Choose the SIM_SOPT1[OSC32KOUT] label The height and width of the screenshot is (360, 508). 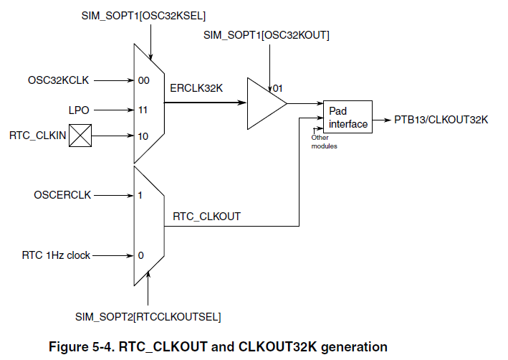pos(267,34)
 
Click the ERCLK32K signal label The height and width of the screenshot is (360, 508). pos(197,89)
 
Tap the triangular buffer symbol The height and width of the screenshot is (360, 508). pos(264,104)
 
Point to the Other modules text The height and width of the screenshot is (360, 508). pos(323,141)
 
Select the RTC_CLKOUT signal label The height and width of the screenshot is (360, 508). pos(206,216)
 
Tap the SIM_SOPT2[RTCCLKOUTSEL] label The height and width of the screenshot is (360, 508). pos(148,316)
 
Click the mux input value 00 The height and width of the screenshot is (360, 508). pos(143,80)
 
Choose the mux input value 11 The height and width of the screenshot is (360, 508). pos(143,110)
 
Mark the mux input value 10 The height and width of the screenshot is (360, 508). pos(143,135)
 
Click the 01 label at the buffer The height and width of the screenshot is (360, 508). pos(277,88)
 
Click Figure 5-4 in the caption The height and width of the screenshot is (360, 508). pos(82,347)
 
